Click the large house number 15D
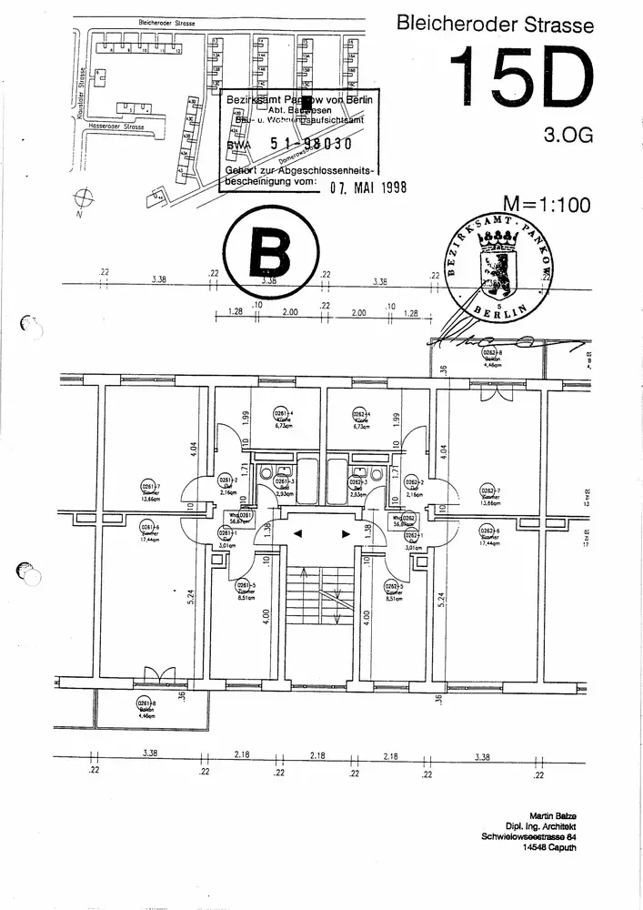point(521,79)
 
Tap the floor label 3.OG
point(568,136)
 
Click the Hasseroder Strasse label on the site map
point(115,126)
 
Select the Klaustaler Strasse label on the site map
point(82,91)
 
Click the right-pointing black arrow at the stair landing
point(345,534)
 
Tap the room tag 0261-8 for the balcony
point(144,703)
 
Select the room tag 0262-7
point(489,492)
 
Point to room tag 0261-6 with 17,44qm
point(145,529)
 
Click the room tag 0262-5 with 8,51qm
point(394,586)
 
